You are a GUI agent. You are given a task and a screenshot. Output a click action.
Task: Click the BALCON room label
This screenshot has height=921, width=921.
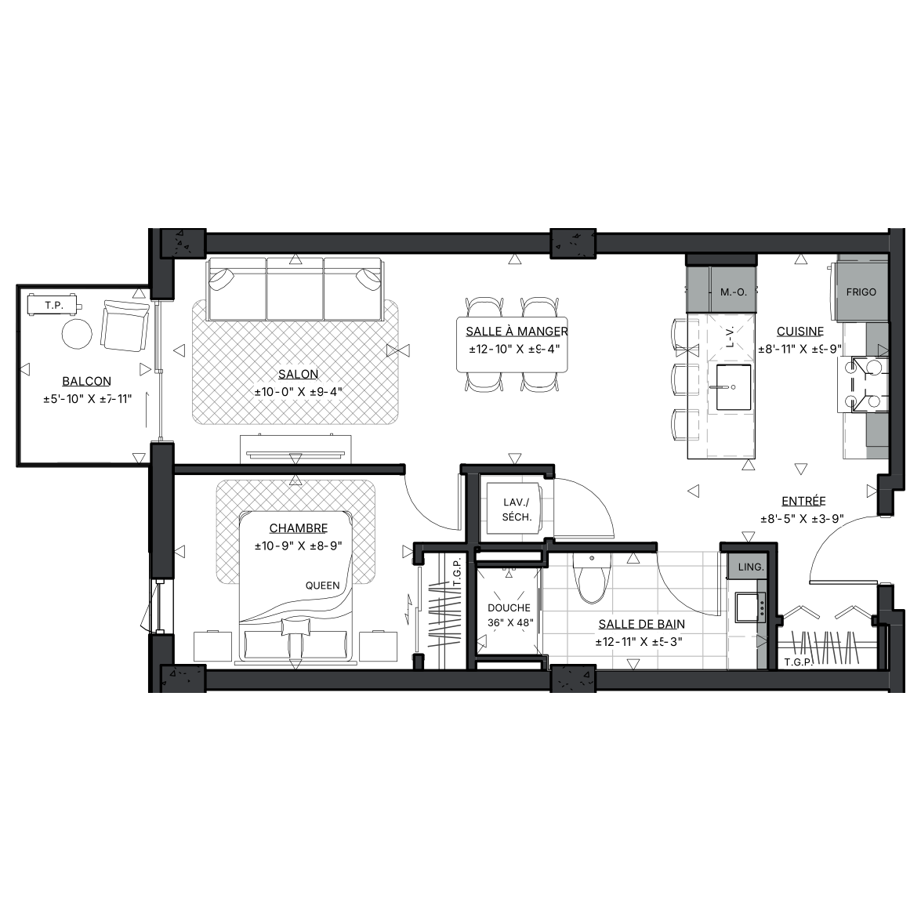pos(86,381)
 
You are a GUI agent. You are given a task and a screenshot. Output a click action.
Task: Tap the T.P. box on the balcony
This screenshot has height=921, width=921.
pos(54,306)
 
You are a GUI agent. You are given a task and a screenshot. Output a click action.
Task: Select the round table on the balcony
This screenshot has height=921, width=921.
pos(77,334)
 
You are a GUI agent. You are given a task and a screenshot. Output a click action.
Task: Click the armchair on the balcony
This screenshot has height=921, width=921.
pos(124,326)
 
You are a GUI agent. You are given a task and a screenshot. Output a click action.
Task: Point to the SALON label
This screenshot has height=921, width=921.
pos(299,374)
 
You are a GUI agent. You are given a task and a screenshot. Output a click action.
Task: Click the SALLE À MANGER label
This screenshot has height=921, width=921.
pos(517,332)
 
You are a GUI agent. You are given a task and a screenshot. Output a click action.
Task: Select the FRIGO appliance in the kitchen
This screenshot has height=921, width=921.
pos(861,292)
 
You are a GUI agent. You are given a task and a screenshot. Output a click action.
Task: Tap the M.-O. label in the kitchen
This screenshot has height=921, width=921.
pos(734,292)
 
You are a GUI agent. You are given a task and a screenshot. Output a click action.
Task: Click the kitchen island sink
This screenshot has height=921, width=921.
pos(734,387)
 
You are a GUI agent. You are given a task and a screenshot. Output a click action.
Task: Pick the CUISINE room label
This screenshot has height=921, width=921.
pos(800,332)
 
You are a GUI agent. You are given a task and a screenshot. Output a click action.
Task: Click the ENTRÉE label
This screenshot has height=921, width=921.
pos(803,501)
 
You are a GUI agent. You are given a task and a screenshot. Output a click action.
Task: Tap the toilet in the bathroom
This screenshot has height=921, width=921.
pos(592,578)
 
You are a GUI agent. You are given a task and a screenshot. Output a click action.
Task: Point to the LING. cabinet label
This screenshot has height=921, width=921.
pos(751,567)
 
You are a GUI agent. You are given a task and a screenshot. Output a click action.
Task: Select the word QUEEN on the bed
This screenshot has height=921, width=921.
pos(322,585)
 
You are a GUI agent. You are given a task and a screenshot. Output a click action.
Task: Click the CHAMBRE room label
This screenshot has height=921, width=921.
pos(299,528)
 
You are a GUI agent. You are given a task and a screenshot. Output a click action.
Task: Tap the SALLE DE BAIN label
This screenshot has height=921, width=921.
pos(641,624)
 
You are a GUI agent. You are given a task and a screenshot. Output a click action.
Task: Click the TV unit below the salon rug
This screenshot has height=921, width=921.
pos(296,450)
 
